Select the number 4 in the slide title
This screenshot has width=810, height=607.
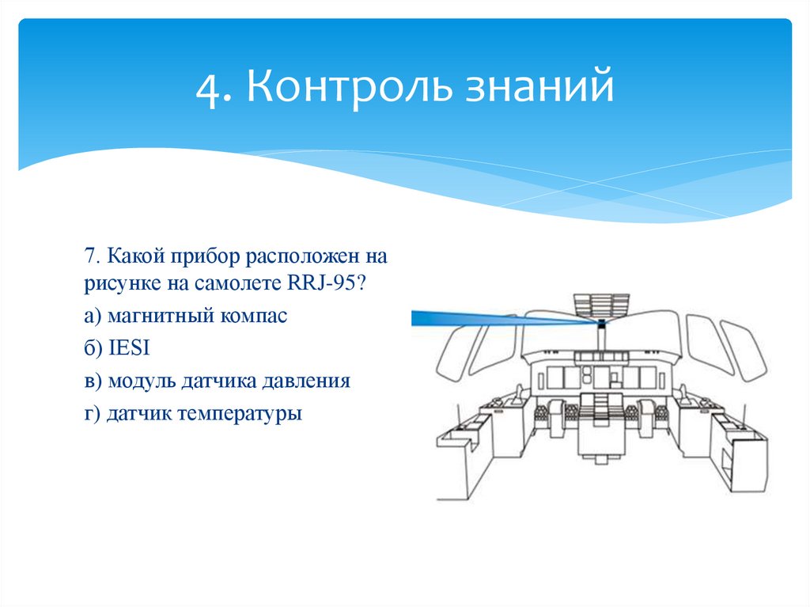coord(210,88)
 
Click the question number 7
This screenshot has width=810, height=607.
coord(90,257)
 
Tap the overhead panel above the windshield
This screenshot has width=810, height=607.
coord(601,304)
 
